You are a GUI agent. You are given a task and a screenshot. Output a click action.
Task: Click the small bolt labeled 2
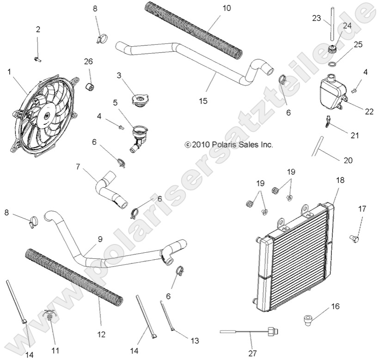pos(37,59)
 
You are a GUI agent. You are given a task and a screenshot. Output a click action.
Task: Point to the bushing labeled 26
pos(91,86)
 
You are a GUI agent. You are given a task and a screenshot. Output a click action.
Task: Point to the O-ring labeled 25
pos(331,63)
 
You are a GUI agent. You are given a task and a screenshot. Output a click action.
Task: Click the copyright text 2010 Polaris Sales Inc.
pos(229,145)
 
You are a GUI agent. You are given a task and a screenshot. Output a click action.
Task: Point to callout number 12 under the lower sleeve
pos(102,334)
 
